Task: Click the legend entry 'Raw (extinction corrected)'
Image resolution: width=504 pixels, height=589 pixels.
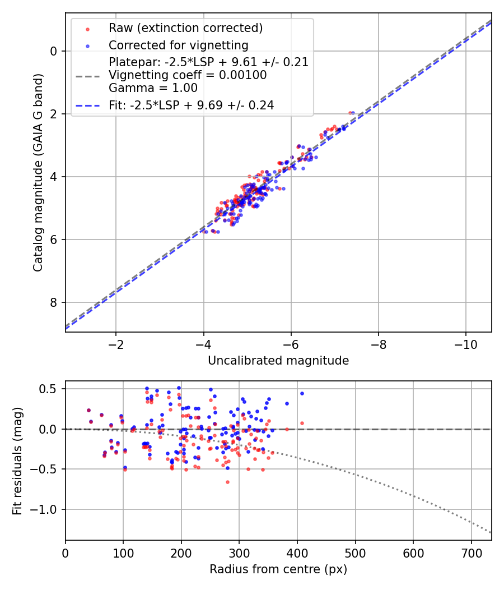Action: point(185,28)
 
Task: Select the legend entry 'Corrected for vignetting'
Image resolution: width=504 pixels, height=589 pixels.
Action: point(179,45)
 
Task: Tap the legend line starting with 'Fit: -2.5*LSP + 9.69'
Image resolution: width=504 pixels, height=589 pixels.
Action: point(191,105)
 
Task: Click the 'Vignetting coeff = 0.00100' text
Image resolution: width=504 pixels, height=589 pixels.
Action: point(188,75)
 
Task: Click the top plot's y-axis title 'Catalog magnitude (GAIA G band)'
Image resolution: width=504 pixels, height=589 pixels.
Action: point(38,172)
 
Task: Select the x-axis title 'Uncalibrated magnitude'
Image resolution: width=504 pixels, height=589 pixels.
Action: point(278,361)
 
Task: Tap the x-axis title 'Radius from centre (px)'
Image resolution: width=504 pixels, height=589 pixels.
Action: point(278,569)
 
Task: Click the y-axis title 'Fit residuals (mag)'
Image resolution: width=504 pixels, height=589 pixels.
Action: point(17,461)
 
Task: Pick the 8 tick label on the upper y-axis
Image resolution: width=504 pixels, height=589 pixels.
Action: point(54,302)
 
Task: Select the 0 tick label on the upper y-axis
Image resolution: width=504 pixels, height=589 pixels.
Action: point(54,51)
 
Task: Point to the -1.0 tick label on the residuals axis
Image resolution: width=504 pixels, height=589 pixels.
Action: point(48,509)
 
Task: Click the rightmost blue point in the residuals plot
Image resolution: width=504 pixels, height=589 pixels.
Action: point(302,393)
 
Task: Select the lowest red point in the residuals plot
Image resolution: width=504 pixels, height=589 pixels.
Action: point(227,482)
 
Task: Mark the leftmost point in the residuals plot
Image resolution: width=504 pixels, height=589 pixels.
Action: point(88,410)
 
